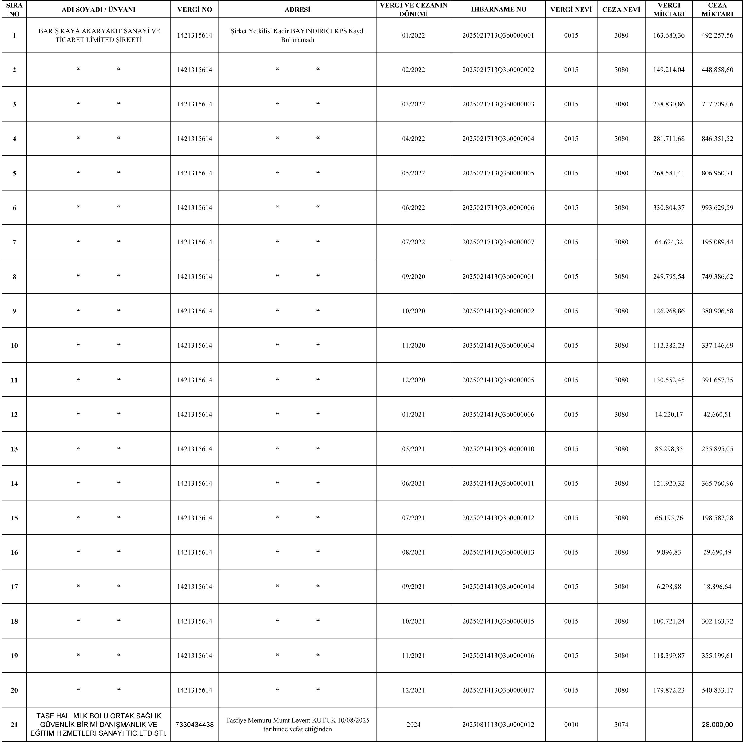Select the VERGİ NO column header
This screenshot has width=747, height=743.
[194, 10]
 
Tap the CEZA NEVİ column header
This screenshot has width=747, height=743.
[621, 10]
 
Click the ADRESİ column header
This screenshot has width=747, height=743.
[297, 10]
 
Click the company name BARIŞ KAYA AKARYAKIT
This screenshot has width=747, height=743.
[99, 35]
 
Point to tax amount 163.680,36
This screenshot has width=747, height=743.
[669, 35]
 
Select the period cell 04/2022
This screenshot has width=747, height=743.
[413, 139]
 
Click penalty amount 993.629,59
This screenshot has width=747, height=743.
[717, 207]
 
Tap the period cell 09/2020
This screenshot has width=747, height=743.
[413, 276]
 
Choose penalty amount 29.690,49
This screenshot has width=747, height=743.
[717, 552]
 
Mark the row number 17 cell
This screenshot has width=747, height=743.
[14, 587]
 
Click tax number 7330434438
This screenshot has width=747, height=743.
[194, 725]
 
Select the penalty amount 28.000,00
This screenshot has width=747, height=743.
[717, 725]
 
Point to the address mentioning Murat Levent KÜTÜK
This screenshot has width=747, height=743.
[297, 725]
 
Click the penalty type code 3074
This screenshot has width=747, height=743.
[621, 725]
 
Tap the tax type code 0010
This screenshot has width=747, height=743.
[571, 725]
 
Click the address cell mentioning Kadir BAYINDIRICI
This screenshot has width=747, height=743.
[297, 35]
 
